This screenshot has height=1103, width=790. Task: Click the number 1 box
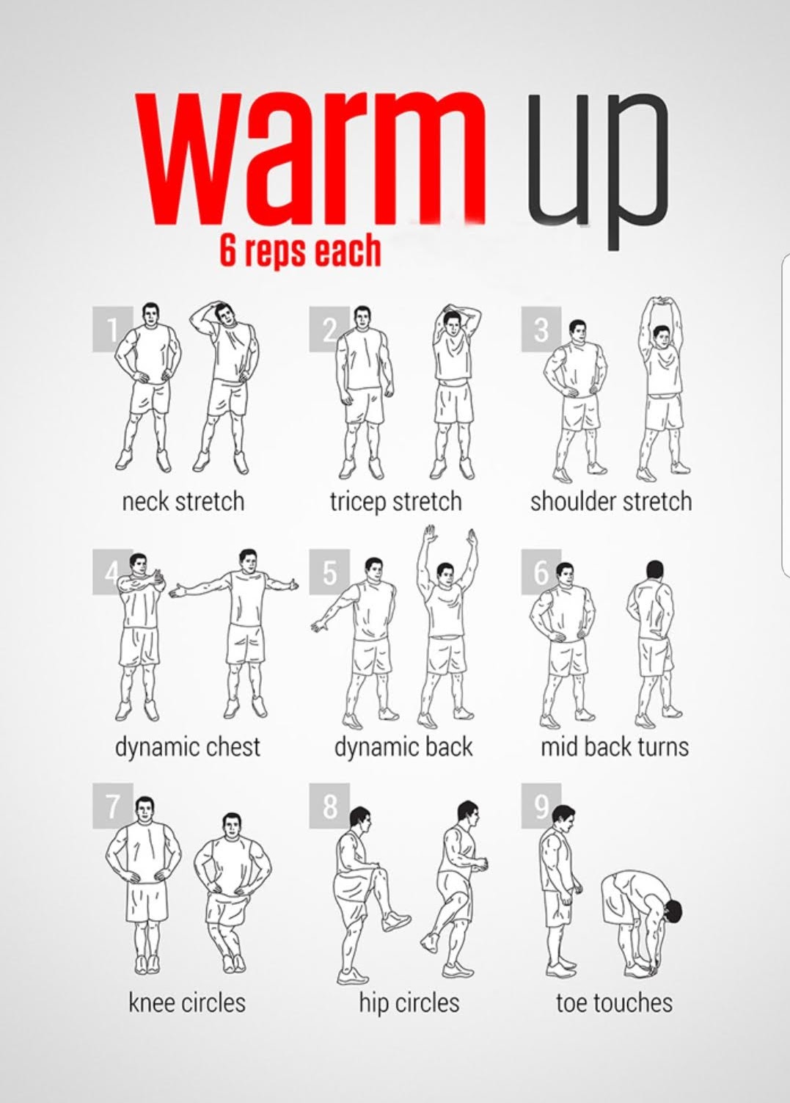pyautogui.click(x=112, y=330)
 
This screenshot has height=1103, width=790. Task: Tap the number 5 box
pyautogui.click(x=329, y=572)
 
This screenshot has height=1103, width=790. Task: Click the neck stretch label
pyautogui.click(x=183, y=502)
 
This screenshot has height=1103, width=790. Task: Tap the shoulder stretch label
pyautogui.click(x=611, y=502)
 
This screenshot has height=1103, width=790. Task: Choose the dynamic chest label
pyautogui.click(x=188, y=747)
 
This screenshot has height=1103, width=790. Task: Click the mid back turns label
pyautogui.click(x=614, y=746)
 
